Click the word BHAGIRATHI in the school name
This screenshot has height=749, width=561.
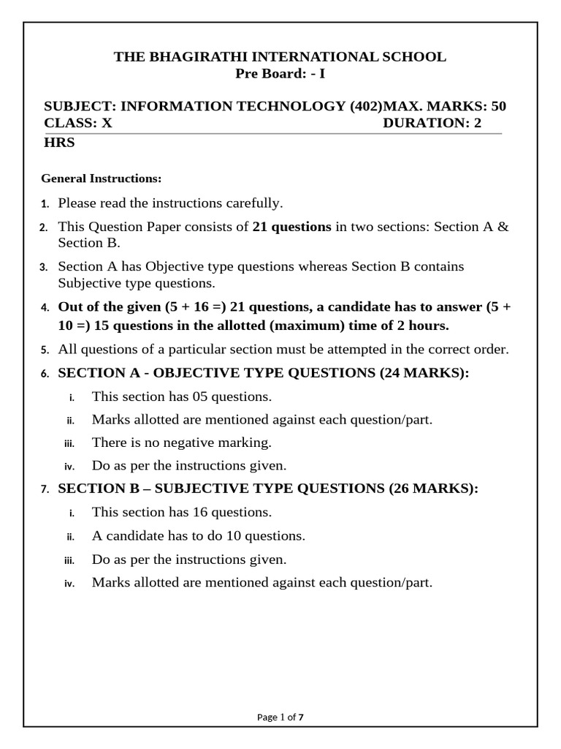click(x=191, y=57)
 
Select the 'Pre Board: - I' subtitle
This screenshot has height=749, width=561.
click(x=280, y=73)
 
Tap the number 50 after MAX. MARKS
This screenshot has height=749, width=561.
click(x=498, y=106)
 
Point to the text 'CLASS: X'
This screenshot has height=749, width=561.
click(x=78, y=123)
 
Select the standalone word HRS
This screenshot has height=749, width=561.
click(x=59, y=143)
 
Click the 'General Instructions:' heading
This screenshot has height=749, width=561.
click(x=101, y=178)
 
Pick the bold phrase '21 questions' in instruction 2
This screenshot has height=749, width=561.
click(x=292, y=227)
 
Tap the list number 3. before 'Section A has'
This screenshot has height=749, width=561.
click(x=44, y=267)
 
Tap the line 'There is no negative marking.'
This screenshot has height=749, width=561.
click(x=181, y=442)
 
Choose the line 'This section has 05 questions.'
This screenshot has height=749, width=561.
click(x=181, y=396)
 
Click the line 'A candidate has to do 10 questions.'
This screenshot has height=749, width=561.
click(x=198, y=535)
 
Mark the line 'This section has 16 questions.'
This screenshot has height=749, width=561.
click(x=181, y=512)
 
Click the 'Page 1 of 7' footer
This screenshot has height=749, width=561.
click(x=280, y=718)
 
